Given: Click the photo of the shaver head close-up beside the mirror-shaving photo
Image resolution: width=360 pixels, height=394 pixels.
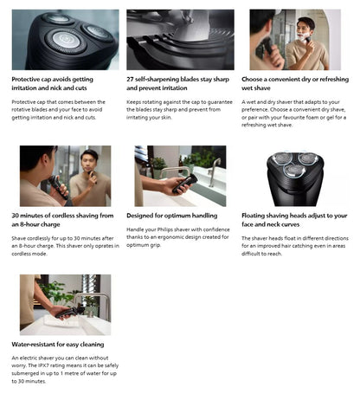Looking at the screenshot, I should pos(66,40).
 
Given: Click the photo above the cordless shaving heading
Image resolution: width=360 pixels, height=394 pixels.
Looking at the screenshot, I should pos(66,176).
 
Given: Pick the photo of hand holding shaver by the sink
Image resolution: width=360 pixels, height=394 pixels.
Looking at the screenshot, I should pos(180,176).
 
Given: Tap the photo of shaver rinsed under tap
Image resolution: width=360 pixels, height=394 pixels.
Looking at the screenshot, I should pos(66,305).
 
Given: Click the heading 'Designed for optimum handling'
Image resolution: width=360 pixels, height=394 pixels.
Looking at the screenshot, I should pos(170,215).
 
